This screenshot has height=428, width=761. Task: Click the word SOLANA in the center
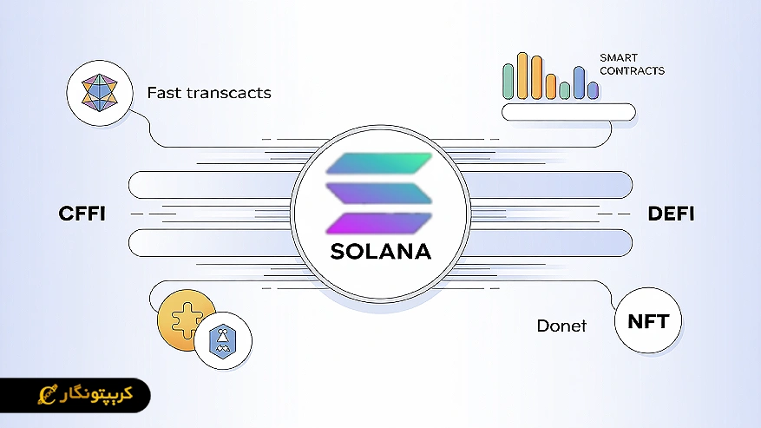click(x=380, y=252)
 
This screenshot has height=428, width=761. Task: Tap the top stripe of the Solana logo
click(x=378, y=163)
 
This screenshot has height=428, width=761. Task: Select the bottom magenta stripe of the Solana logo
click(x=378, y=222)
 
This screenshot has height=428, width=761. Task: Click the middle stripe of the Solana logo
click(x=378, y=193)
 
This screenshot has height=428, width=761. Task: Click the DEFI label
click(x=671, y=214)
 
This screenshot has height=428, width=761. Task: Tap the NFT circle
click(x=647, y=322)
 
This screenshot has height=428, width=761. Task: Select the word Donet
click(x=561, y=326)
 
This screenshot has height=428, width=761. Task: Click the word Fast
click(x=164, y=92)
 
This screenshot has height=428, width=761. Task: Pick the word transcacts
click(x=228, y=92)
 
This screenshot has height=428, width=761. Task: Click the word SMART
click(x=618, y=57)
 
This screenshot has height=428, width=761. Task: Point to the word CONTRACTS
click(x=632, y=70)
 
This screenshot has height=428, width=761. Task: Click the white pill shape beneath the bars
click(x=568, y=112)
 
